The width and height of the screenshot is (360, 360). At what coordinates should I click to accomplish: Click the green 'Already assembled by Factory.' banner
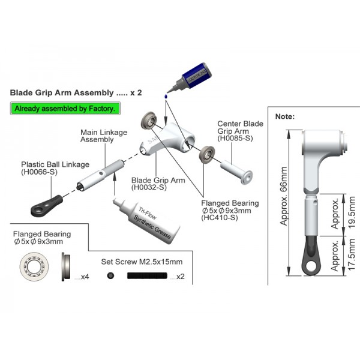(66, 109)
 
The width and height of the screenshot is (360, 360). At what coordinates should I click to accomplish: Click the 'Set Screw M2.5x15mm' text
(141, 262)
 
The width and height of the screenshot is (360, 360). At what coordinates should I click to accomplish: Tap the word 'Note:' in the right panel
(284, 116)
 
